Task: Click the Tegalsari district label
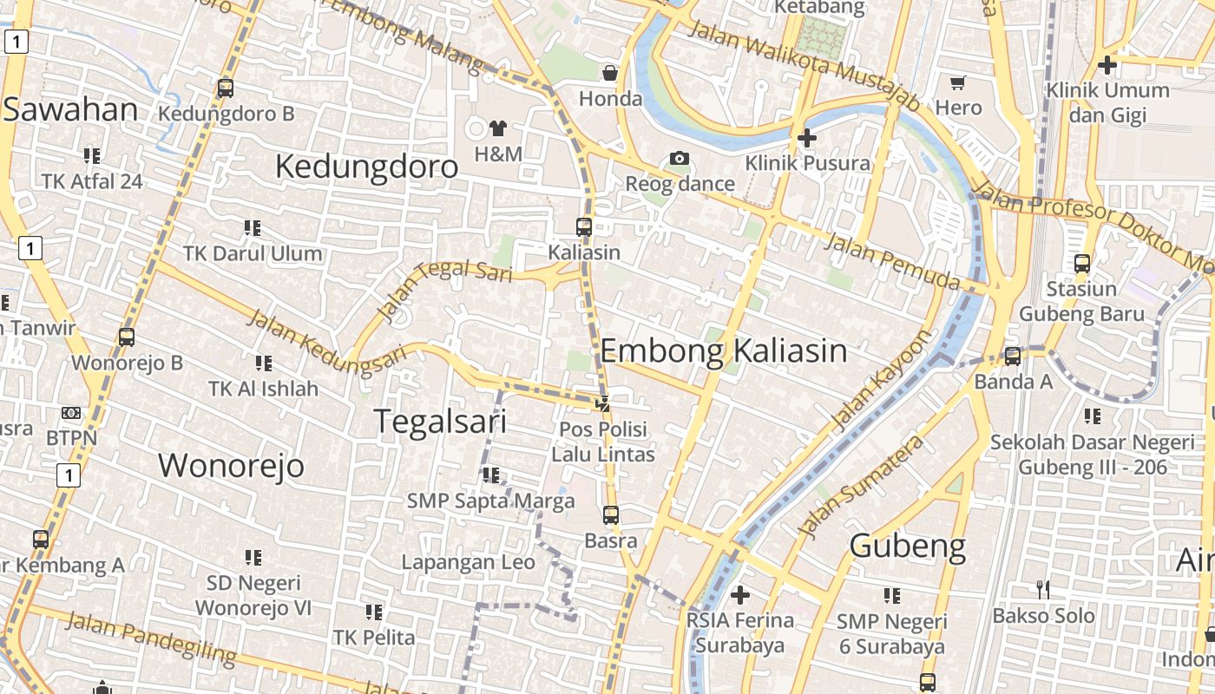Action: pos(440,421)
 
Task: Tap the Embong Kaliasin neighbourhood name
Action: pos(723,350)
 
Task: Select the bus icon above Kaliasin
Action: pos(584,227)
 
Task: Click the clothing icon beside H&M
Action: pos(497,128)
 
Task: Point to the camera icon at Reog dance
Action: pos(680,158)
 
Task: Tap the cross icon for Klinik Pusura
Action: pos(807,137)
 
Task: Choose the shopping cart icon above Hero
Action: pos(958,83)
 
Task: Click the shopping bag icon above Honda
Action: pos(610,72)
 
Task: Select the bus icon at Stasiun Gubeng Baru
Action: pos(1082,263)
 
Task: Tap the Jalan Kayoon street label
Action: pos(880,380)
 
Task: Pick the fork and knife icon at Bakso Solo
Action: pos(1043,590)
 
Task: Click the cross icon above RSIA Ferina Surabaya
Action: pos(739,595)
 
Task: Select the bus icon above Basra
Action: pos(611,514)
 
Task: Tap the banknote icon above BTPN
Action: pos(71,413)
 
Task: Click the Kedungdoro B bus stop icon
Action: pos(226,88)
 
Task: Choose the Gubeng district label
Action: pos(907,547)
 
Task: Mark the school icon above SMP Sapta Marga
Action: pos(491,475)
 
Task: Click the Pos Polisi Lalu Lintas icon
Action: pos(603,403)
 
